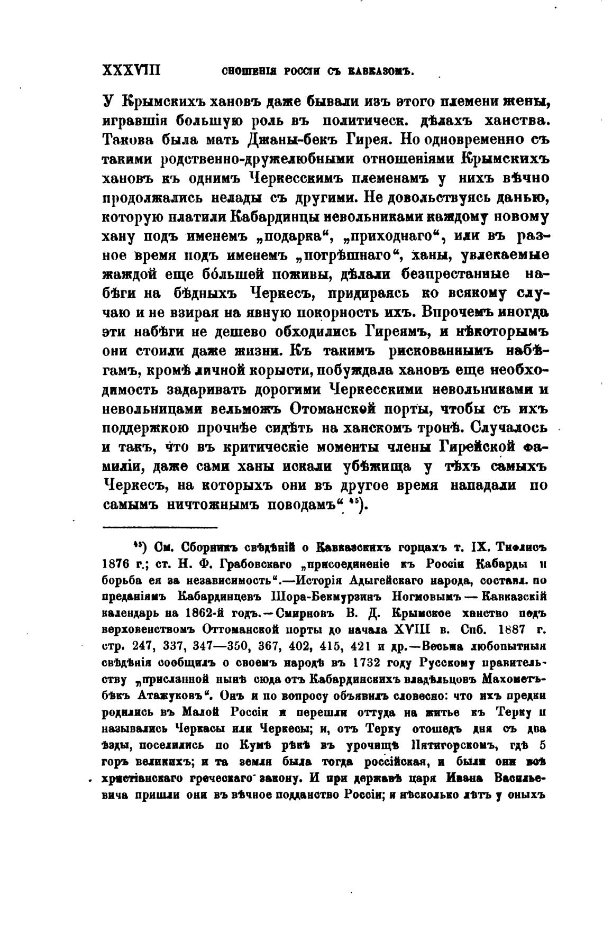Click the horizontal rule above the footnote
160,527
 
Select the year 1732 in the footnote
373,663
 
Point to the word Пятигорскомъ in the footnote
449,746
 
